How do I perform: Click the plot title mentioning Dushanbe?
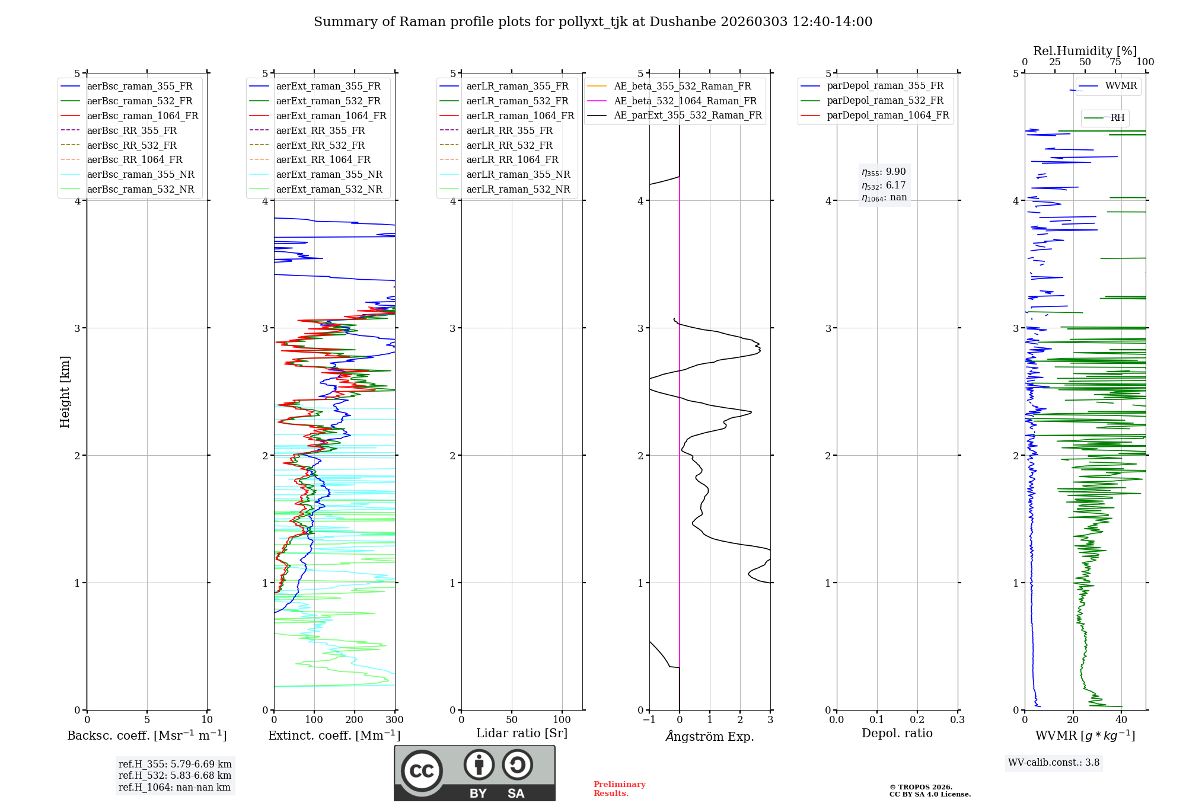point(593,22)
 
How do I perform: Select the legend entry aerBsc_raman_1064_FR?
point(142,116)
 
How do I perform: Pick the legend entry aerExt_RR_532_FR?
point(320,145)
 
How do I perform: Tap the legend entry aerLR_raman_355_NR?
point(518,174)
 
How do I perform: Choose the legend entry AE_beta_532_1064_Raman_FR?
point(685,101)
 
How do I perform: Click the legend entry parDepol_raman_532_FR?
point(885,100)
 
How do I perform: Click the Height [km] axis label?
point(65,392)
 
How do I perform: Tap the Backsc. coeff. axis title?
point(147,735)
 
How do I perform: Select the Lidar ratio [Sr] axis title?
point(522,733)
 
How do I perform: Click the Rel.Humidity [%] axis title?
point(1085,51)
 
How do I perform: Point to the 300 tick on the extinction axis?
point(394,720)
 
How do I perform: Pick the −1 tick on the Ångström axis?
point(649,720)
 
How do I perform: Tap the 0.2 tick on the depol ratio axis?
point(917,720)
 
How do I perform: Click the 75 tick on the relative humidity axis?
point(1115,62)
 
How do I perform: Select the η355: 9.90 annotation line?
point(884,172)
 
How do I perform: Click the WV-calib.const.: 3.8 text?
point(1054,763)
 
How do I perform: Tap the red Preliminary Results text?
point(619,789)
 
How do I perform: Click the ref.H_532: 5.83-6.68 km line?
point(175,775)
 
